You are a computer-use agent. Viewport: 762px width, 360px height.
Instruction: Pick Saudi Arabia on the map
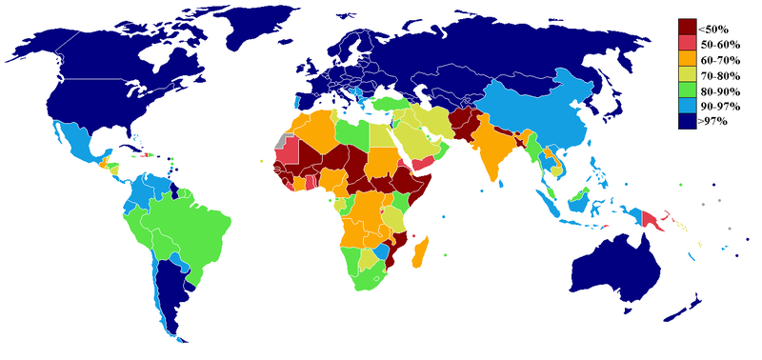click(x=428, y=143)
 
